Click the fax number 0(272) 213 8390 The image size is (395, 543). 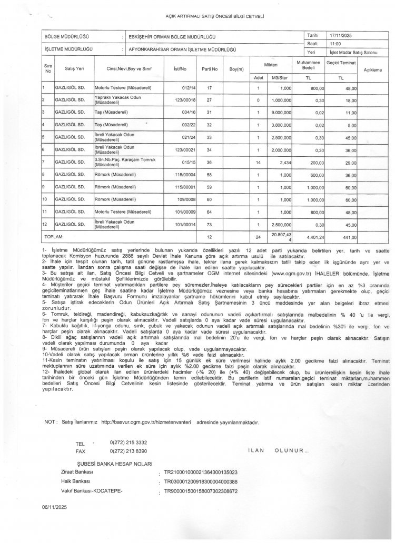(x=129, y=451)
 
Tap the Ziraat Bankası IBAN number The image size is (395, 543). (x=201, y=472)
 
